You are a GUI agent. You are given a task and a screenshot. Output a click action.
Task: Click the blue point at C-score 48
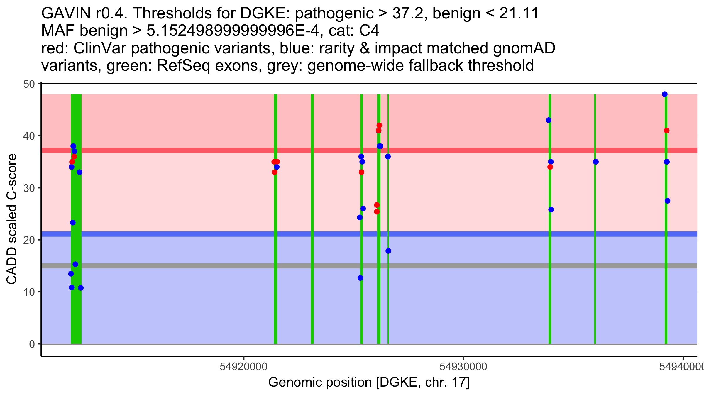[x=665, y=94]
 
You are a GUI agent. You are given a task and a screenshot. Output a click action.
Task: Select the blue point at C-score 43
[x=549, y=120]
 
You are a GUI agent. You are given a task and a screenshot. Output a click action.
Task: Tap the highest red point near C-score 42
[x=379, y=126]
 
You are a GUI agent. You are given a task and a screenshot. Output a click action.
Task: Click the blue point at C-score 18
[x=388, y=251]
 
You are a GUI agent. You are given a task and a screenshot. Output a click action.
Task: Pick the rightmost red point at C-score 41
[x=666, y=131]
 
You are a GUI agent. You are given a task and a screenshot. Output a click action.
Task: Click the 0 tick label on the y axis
[x=32, y=344]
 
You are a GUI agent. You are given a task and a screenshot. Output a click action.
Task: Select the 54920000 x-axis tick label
[x=243, y=367]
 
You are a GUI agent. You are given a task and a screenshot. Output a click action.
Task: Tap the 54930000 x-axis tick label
[x=463, y=367]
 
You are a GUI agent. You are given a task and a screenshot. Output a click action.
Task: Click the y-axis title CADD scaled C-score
[x=12, y=219]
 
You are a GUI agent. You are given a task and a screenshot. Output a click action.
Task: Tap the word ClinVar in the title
[x=100, y=48]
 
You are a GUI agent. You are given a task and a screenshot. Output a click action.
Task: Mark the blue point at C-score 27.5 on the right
[x=667, y=201]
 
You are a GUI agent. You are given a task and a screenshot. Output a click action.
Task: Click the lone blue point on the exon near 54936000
[x=595, y=162]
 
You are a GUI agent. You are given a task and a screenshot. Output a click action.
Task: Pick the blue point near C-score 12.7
[x=360, y=278]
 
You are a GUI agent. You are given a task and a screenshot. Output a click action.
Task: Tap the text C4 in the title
[x=369, y=31]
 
